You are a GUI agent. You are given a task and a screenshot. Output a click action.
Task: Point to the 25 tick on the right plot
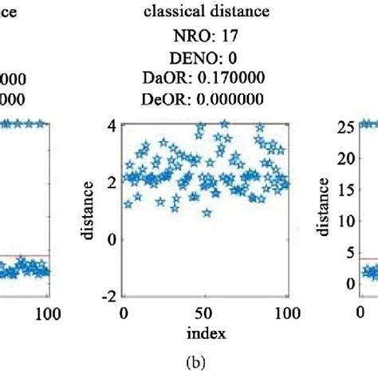(344, 126)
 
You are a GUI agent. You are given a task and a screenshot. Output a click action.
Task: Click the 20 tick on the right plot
(344, 157)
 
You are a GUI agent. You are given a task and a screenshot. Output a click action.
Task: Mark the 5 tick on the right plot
(348, 252)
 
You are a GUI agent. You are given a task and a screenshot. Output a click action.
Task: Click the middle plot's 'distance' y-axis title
(90, 211)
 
